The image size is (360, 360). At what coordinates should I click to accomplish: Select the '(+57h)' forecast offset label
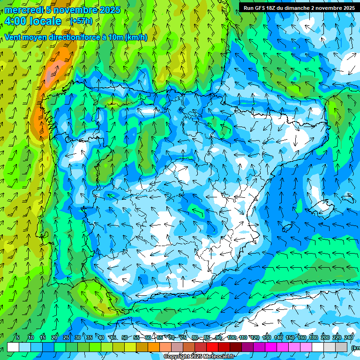click(x=81, y=21)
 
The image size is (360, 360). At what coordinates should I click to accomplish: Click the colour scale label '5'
click(x=18, y=338)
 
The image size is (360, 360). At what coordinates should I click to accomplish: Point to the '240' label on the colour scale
click(x=349, y=338)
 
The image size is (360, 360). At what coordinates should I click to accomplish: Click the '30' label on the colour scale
click(x=77, y=338)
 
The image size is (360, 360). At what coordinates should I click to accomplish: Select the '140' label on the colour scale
click(x=267, y=338)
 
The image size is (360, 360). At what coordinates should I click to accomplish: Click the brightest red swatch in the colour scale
click(x=212, y=347)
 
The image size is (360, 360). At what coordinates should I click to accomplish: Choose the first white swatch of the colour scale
click(x=13, y=347)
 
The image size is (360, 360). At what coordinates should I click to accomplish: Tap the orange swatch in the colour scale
click(x=154, y=347)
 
